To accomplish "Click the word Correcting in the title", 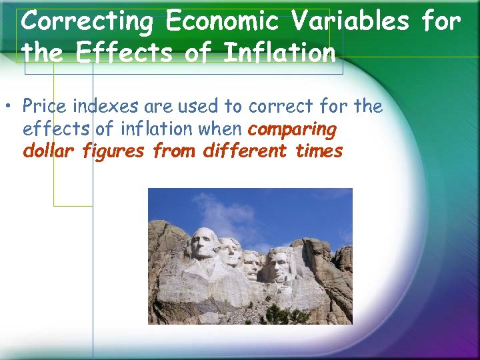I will pyautogui.click(x=87, y=22).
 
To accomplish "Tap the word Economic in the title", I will pyautogui.click(x=219, y=22).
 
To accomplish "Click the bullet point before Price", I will pyautogui.click(x=11, y=107).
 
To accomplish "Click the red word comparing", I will pyautogui.click(x=292, y=129).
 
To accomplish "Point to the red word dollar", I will pyautogui.click(x=49, y=151).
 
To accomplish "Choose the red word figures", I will pyautogui.click(x=113, y=151).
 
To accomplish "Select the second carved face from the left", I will pyautogui.click(x=229, y=252).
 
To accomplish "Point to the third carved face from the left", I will pyautogui.click(x=251, y=263).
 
